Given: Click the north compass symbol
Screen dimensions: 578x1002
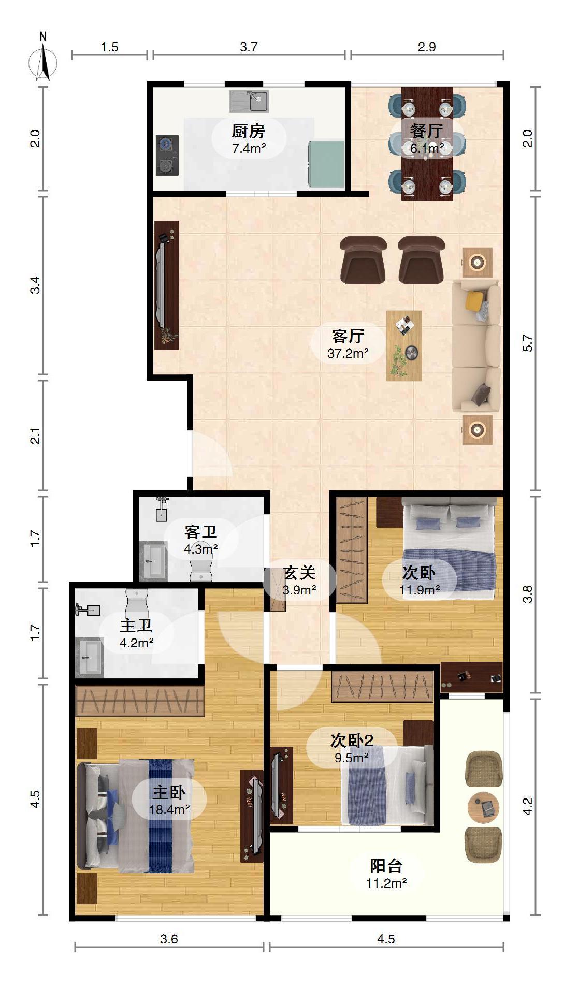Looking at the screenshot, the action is click(x=43, y=58).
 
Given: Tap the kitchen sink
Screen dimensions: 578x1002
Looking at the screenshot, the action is click(x=249, y=101).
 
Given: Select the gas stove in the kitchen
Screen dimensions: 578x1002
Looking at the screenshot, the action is click(x=167, y=155).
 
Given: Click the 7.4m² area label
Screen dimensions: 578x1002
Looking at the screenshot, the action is click(x=249, y=149).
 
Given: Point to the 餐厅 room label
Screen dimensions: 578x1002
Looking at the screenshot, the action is click(x=427, y=130).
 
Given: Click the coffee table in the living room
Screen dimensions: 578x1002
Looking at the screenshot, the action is click(x=404, y=345).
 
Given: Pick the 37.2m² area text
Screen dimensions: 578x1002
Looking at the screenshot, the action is click(x=348, y=354).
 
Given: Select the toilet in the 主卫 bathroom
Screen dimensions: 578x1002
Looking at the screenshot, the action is click(x=137, y=604).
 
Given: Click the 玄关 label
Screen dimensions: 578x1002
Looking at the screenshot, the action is click(x=300, y=572).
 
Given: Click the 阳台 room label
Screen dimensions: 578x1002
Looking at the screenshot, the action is click(x=386, y=865).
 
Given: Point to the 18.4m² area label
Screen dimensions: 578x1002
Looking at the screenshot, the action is click(x=169, y=809).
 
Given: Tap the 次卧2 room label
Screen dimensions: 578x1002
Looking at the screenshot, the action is click(x=352, y=740).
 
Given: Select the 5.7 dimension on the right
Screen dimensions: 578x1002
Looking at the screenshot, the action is click(x=528, y=343).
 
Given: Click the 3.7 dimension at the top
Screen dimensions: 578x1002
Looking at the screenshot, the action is click(x=249, y=47).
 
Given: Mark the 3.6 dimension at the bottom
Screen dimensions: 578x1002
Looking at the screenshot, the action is click(x=169, y=939).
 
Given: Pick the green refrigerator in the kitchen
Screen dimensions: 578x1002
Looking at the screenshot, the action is click(x=327, y=164).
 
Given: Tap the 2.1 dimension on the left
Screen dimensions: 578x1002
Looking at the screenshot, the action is click(x=35, y=436).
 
